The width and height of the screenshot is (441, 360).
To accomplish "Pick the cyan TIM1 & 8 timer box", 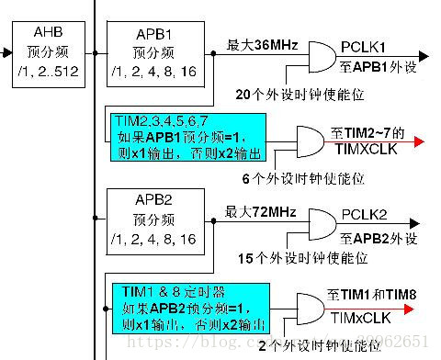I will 194,308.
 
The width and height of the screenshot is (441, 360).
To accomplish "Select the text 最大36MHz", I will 261,44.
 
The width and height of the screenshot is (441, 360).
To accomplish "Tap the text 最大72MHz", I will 261,212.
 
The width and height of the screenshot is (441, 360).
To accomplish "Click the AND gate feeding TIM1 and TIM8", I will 308,309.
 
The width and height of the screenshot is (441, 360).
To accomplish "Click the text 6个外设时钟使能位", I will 300,179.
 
